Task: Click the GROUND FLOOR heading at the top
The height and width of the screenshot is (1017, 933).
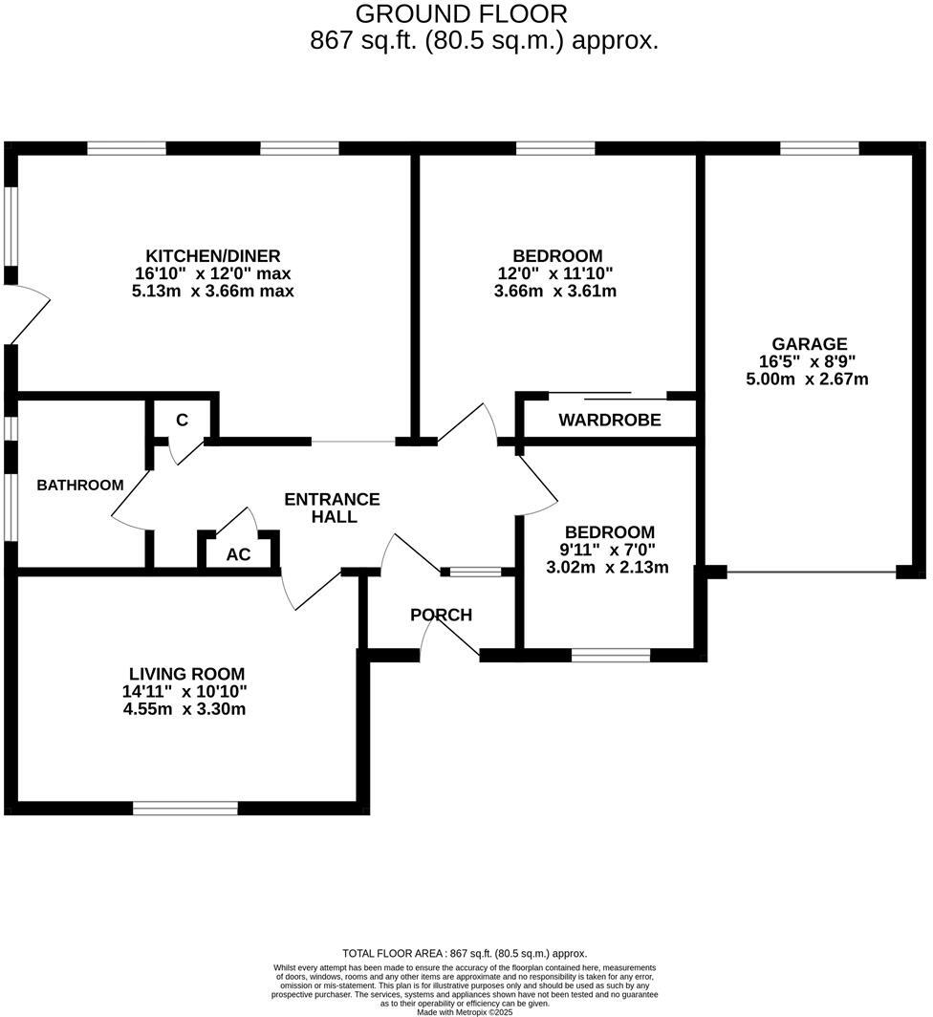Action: click(461, 14)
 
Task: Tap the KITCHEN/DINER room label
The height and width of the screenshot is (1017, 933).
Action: click(212, 256)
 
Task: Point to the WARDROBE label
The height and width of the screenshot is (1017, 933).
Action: click(610, 421)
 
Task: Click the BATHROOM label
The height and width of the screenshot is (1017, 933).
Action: click(80, 486)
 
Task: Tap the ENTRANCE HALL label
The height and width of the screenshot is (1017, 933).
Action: click(333, 508)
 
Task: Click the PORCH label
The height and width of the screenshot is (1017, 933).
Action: click(441, 615)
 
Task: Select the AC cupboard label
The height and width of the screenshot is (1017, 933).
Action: click(238, 554)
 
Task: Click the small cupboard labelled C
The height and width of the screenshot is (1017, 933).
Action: click(182, 421)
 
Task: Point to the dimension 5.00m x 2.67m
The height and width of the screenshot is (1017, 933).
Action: click(807, 379)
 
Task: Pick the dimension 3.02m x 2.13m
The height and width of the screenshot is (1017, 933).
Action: click(607, 567)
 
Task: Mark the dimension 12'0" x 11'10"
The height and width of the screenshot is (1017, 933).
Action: click(554, 273)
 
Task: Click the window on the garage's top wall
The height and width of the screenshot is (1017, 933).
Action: click(818, 148)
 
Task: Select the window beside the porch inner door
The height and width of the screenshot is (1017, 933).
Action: click(476, 573)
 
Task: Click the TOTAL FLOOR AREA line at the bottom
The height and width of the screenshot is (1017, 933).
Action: click(465, 953)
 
